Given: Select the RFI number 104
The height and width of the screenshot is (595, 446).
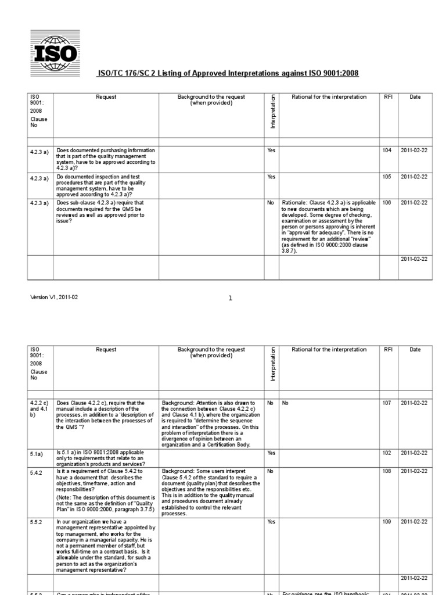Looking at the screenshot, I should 387,150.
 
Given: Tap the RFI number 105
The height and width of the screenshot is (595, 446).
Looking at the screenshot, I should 387,177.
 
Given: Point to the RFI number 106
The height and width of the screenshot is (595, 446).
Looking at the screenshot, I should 387,202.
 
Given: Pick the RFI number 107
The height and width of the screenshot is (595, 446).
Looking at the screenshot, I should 387,403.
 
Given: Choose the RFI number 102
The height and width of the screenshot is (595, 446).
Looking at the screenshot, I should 387,453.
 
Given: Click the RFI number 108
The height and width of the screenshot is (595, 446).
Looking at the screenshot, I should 387,471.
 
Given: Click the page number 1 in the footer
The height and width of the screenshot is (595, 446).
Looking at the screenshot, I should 230,298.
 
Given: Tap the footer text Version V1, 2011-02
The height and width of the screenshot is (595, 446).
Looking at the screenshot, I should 53,297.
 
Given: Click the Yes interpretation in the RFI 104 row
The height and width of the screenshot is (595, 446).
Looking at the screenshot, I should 271,150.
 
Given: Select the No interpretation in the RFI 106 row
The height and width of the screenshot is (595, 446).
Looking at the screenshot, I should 270,202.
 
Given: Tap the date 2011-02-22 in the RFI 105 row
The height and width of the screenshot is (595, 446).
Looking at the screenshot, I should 414,177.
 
